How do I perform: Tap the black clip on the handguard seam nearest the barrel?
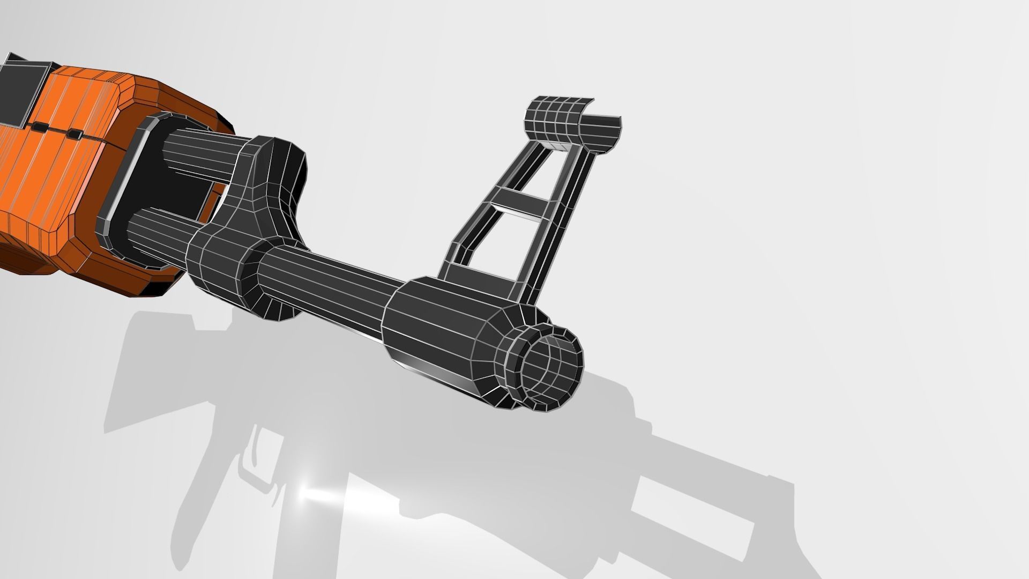tap(73, 134)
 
